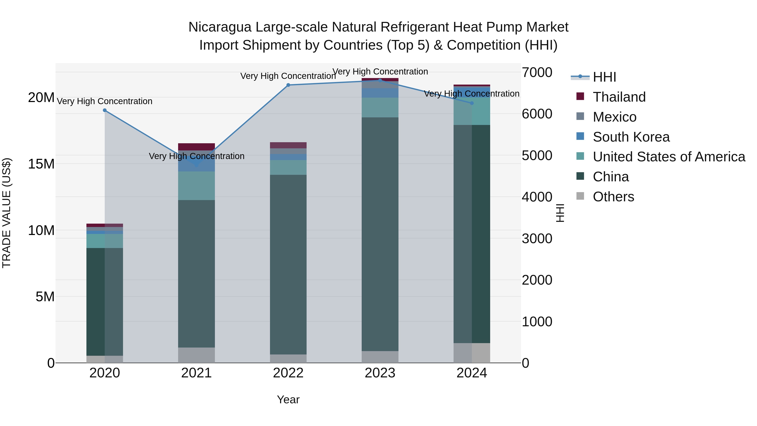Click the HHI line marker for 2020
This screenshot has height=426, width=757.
(105, 110)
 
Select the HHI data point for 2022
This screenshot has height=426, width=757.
(288, 85)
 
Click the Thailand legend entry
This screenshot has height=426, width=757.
(619, 97)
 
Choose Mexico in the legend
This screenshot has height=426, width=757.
(614, 117)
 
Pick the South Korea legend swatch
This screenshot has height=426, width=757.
(580, 136)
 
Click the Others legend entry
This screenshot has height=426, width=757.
(613, 197)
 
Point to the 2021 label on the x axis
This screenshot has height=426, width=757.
(196, 373)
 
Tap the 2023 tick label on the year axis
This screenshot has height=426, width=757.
(380, 373)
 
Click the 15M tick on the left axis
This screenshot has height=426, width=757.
(41, 164)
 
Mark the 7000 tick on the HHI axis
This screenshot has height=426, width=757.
(537, 72)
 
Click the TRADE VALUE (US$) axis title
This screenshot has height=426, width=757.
(7, 213)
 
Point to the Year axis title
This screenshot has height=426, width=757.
(288, 399)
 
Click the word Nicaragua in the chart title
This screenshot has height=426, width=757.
(220, 27)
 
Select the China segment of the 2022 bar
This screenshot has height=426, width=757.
(288, 265)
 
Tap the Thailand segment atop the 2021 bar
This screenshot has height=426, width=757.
(196, 147)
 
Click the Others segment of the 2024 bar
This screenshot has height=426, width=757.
(472, 353)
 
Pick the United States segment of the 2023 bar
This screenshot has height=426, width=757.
(380, 107)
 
